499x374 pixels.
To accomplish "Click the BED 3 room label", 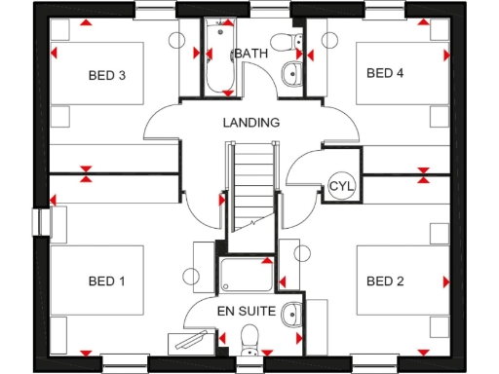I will [x=108, y=74].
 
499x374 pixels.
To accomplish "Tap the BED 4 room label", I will [x=385, y=73].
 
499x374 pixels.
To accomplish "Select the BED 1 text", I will [x=107, y=281].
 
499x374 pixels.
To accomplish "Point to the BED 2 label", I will [x=385, y=281].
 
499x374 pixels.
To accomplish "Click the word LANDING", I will [x=250, y=123].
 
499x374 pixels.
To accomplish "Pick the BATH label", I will [x=250, y=54].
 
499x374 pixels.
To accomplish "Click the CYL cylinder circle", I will [x=340, y=186].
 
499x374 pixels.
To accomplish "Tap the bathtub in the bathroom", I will [x=216, y=58].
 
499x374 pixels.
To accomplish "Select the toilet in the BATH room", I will [x=284, y=41].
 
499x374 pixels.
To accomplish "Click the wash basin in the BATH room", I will [x=290, y=73].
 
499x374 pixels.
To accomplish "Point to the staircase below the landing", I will [x=250, y=185].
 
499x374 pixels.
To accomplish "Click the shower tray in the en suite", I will [x=243, y=275].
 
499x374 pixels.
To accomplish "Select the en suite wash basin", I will [x=291, y=314].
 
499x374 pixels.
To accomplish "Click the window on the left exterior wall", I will [x=42, y=222].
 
